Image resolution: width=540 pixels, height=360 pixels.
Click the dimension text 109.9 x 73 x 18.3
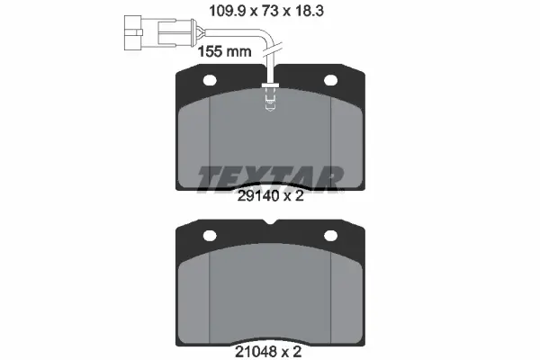[x=266, y=12]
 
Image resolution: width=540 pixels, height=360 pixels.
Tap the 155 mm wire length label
[x=224, y=51]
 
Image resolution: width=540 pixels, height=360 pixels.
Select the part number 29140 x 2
[x=271, y=196]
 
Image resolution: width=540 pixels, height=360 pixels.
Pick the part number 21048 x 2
[x=268, y=352]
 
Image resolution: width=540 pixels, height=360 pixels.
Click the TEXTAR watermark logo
[x=270, y=179]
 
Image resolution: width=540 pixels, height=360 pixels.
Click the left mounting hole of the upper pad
[x=210, y=81]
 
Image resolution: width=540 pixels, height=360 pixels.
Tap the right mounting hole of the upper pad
[x=330, y=81]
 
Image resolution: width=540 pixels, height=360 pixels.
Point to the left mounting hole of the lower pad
[x=210, y=236]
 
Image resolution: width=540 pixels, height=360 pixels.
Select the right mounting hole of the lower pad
[x=330, y=236]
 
